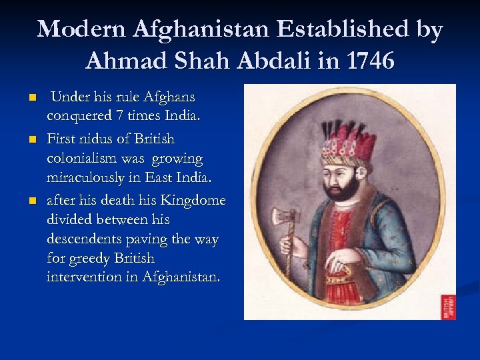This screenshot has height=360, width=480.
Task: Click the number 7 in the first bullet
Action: point(119,117)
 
